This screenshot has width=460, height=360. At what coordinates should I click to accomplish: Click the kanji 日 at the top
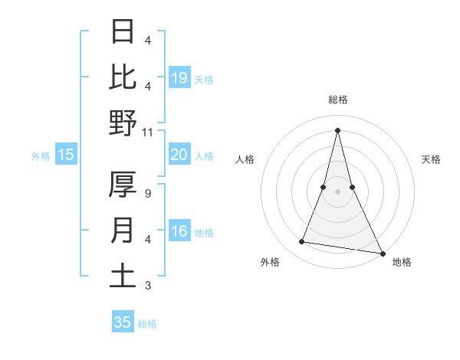(x=123, y=32)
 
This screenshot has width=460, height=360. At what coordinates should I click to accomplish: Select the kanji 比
(x=123, y=77)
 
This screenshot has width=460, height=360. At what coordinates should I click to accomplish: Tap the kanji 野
(x=123, y=123)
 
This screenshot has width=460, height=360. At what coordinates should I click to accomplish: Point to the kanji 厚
(x=123, y=185)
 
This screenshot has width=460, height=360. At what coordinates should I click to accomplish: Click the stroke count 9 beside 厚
(x=148, y=195)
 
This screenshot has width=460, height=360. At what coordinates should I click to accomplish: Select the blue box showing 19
(x=179, y=77)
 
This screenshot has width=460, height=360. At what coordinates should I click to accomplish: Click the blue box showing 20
(x=179, y=155)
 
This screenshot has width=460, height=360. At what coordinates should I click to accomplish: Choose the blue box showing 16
(x=179, y=232)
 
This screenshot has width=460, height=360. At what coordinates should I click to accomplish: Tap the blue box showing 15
(x=66, y=155)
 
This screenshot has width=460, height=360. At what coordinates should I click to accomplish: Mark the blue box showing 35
(x=123, y=322)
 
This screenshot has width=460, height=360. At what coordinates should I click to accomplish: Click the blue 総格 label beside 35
(x=147, y=324)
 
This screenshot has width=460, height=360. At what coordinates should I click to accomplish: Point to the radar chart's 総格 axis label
(x=337, y=100)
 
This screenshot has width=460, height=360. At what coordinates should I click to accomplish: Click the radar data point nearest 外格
(x=302, y=242)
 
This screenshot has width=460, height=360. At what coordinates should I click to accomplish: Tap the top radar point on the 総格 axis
(x=337, y=129)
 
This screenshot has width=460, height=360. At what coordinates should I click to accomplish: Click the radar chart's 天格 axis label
(x=432, y=159)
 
